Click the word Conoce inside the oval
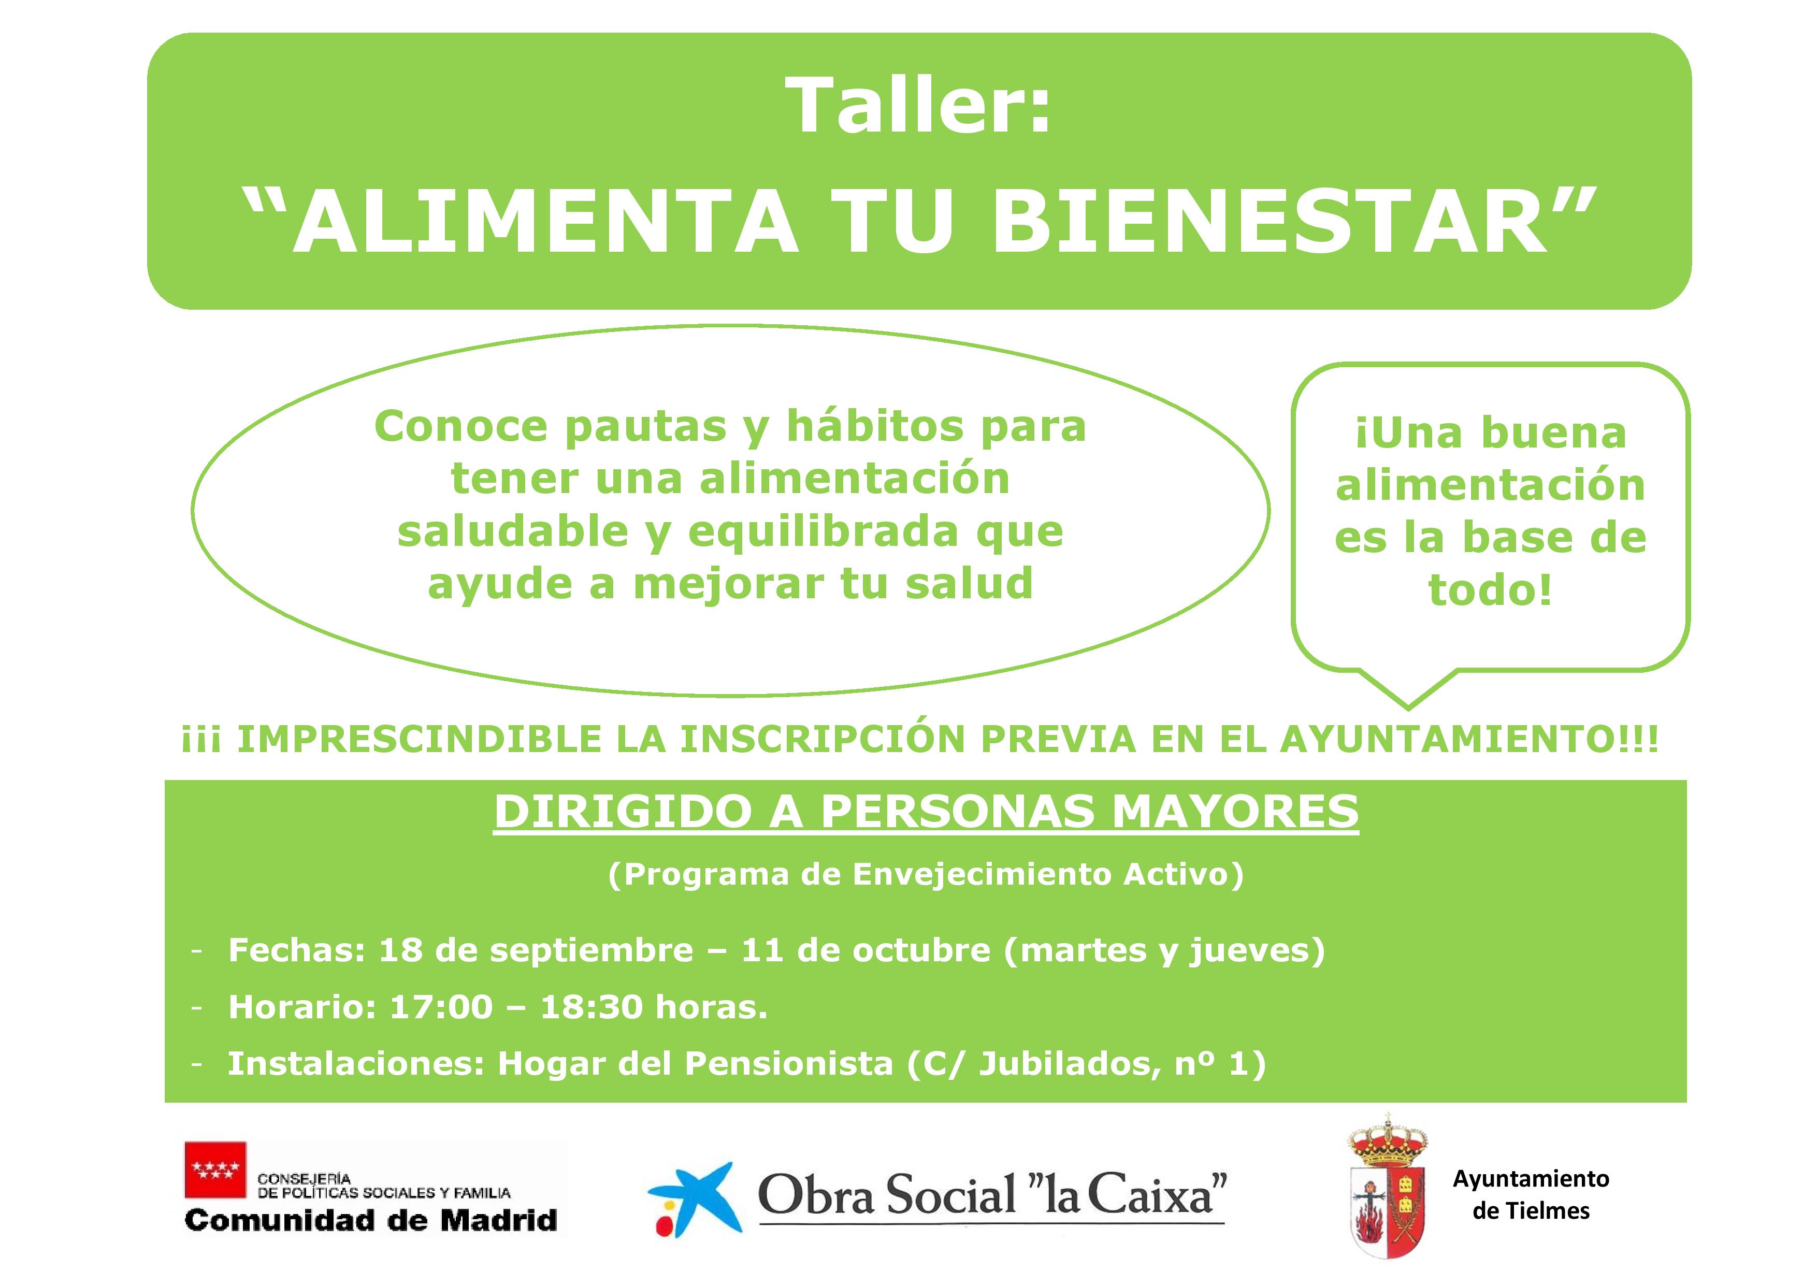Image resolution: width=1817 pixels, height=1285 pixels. pos(460,427)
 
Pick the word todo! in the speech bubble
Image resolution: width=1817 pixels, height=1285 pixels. pos(1490,590)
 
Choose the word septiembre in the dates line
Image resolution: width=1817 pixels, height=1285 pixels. pos(591,951)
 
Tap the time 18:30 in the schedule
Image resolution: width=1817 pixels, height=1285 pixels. pos(591,1007)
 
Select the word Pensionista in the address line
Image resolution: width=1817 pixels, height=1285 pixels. pos(788,1064)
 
